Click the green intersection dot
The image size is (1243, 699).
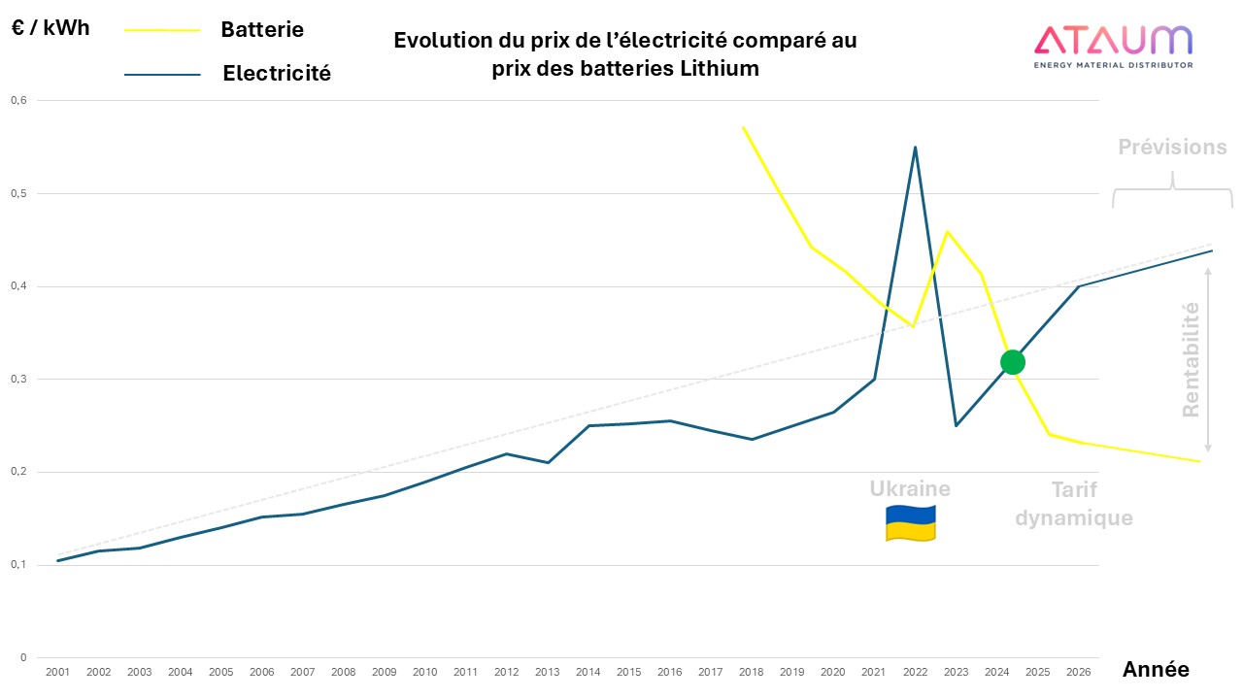coord(1012,362)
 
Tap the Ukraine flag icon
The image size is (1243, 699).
coord(910,523)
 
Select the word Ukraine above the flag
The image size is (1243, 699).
coord(910,488)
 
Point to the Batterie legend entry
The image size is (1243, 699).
coord(261,29)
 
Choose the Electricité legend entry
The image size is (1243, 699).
coord(276,73)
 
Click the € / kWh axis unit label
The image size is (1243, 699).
coord(50,27)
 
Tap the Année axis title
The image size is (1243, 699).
coord(1155,669)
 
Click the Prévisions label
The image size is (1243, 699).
coord(1171,148)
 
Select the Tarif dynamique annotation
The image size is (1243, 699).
coord(1074,504)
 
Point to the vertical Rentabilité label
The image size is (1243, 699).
coord(1191,360)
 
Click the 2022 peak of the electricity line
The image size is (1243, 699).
coord(915,148)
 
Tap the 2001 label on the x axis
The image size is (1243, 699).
coord(58,672)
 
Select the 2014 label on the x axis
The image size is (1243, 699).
coord(588,672)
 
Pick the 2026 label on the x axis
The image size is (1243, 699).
coord(1078,672)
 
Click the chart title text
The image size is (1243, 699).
coord(624,54)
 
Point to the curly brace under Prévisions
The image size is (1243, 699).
coord(1172,190)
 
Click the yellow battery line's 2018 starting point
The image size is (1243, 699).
coord(743,127)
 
